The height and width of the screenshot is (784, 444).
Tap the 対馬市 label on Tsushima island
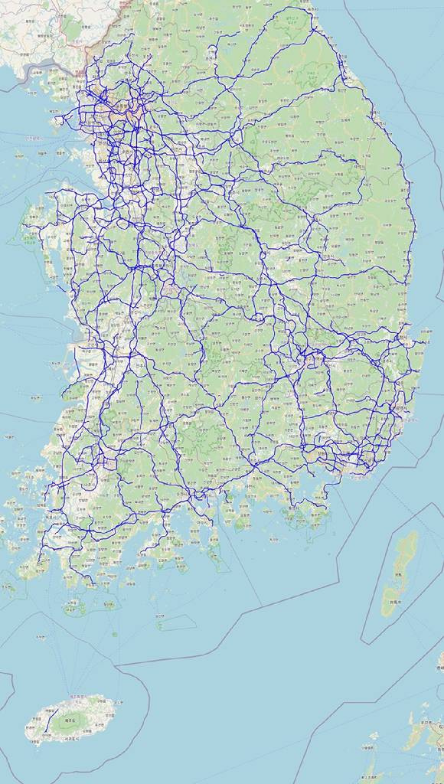pos(395,603)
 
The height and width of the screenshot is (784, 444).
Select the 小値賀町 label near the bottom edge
pos(370,748)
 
